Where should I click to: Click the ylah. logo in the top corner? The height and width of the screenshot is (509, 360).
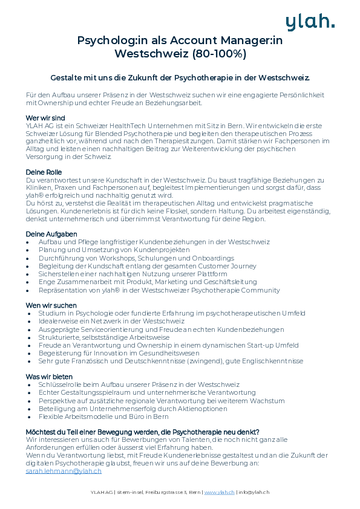pos(309,22)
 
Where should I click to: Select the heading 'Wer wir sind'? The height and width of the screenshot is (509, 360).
pos(45,117)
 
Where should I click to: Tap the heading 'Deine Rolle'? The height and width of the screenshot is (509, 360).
pos(44,172)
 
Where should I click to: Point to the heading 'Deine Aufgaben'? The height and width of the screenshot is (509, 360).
pos(51,234)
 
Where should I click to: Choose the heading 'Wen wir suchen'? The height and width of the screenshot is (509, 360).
pos(51,305)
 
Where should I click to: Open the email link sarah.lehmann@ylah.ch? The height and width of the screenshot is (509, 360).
pos(64,471)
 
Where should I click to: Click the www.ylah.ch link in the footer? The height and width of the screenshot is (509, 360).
pos(219,493)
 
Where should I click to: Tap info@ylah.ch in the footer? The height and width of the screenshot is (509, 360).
pos(254,493)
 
